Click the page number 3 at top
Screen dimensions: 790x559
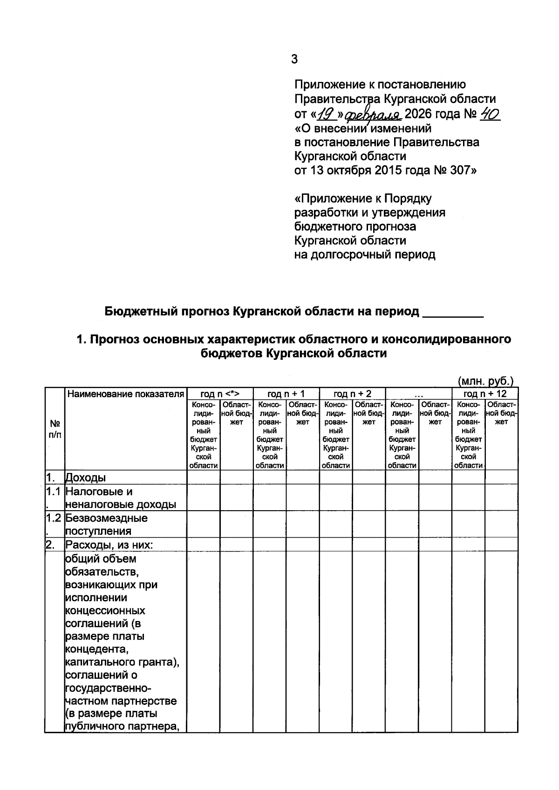click(294, 59)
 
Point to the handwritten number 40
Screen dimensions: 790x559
click(489, 113)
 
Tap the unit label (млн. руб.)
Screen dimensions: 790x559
click(486, 381)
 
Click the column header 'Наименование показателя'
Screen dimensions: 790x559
click(125, 394)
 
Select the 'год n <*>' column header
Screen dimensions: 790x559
click(219, 394)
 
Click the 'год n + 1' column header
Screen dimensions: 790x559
click(286, 394)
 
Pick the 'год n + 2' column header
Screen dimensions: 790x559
click(352, 394)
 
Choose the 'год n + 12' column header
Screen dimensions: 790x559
click(484, 394)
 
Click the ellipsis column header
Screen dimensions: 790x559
click(418, 394)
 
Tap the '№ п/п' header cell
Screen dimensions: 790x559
click(55, 429)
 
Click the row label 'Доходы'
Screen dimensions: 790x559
click(86, 478)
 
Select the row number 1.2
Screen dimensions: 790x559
click(54, 518)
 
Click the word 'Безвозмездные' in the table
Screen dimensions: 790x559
click(106, 518)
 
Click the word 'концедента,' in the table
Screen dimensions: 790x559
click(96, 649)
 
